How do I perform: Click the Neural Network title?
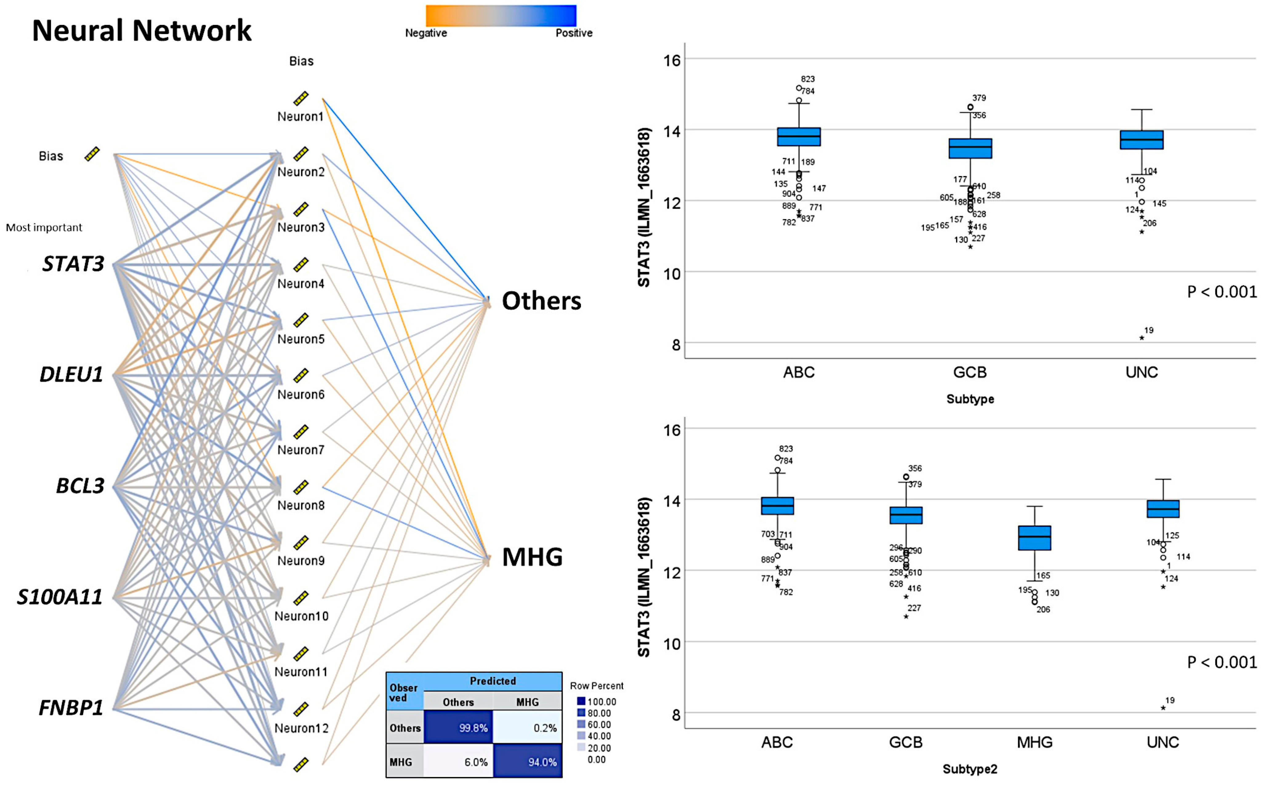point(141,30)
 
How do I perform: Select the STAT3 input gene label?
point(73,264)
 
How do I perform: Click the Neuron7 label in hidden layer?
point(300,450)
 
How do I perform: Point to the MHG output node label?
point(532,557)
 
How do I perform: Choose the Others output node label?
point(541,301)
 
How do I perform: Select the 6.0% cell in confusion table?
point(458,762)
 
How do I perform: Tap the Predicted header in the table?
point(492,681)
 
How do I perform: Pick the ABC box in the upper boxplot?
point(799,137)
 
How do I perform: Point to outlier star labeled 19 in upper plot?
point(1142,338)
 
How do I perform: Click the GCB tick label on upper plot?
point(970,372)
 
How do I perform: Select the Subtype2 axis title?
point(970,769)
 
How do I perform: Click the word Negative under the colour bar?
point(426,33)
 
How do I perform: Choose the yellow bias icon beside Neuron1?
point(300,98)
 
